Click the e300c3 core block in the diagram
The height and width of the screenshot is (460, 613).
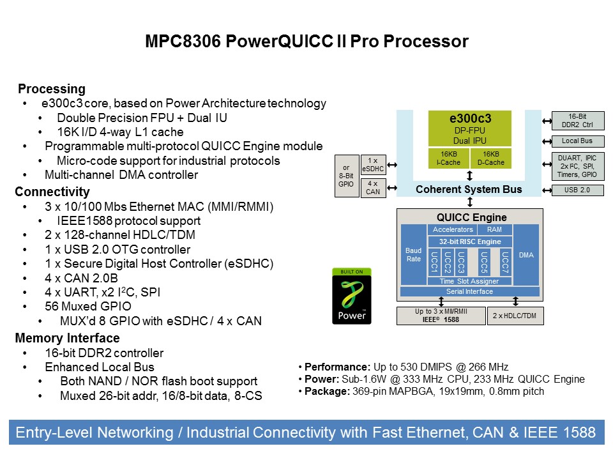pos(469,128)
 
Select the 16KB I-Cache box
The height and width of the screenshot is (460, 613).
pos(448,158)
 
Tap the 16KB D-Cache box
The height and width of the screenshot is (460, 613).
pos(490,158)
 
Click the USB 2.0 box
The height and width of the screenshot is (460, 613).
pos(577,190)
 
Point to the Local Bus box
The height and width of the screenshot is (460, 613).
pos(577,141)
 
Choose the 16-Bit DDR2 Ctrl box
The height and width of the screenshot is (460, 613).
pos(577,120)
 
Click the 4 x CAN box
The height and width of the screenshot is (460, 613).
pos(373,188)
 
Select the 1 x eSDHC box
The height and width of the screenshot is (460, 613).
pos(373,165)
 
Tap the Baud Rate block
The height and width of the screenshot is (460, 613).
pos(413,255)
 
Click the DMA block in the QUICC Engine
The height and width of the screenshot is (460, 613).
pos(526,255)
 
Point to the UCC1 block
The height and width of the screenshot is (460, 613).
pos(434,263)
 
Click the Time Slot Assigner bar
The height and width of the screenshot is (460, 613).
pos(469,281)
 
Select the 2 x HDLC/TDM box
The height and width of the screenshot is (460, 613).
pos(515,316)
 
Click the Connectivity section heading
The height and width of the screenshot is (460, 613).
pos(52,192)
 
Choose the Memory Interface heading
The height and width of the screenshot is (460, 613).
pos(67,338)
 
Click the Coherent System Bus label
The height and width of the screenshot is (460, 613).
pos(469,189)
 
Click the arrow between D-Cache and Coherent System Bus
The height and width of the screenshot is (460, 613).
pos(470,176)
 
